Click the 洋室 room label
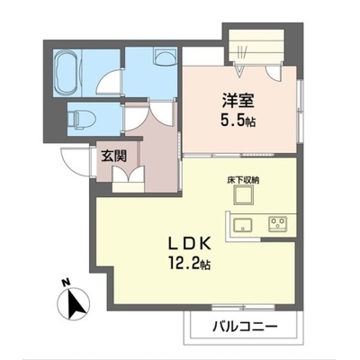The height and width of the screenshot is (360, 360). (x=238, y=101)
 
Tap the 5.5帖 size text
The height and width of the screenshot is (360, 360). (x=238, y=121)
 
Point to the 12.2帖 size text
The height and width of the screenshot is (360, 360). (x=189, y=264)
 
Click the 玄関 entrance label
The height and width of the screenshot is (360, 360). (x=114, y=157)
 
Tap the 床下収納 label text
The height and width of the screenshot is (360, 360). (x=243, y=180)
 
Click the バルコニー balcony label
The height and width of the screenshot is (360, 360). (x=245, y=327)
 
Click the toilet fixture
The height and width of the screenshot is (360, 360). (x=81, y=119)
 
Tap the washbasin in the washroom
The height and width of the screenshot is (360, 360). (x=165, y=57)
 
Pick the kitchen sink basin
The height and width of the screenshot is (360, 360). (x=243, y=225)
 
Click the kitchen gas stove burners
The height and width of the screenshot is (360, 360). (x=278, y=223)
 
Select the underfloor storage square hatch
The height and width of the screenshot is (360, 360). (x=244, y=194)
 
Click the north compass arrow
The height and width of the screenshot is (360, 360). (x=74, y=304)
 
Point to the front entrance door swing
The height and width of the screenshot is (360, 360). (x=75, y=162)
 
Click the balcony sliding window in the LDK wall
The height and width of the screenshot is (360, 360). (x=243, y=307)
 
